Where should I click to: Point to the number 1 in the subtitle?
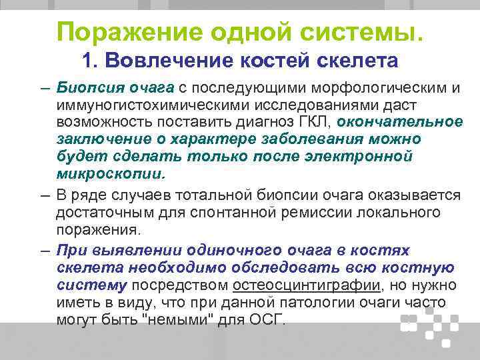point(87,61)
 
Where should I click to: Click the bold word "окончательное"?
point(400,122)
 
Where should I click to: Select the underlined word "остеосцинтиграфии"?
point(307,285)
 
